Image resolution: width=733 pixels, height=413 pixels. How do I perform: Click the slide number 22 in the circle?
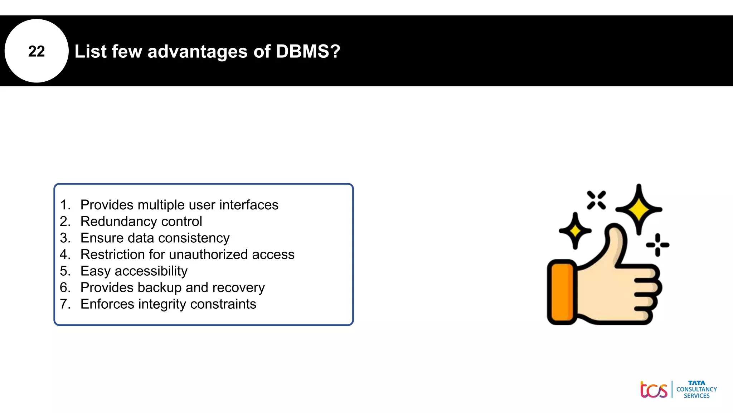point(37,51)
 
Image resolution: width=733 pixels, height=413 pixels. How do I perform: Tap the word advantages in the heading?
point(197,51)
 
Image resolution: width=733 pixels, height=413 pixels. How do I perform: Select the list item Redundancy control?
point(141,222)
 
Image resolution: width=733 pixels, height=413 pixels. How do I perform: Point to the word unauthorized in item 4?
point(208,255)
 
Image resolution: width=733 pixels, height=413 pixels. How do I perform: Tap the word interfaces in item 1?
point(249,205)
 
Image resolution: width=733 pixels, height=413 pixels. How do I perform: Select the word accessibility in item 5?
point(151,271)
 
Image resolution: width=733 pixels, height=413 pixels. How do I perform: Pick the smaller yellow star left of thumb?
point(575,231)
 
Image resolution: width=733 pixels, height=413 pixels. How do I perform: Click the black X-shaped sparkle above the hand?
point(596,200)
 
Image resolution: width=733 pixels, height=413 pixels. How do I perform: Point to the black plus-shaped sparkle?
point(657,245)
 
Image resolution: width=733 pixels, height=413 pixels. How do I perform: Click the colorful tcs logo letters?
point(654,390)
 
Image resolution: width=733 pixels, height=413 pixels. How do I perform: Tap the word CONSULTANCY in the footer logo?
point(696,389)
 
